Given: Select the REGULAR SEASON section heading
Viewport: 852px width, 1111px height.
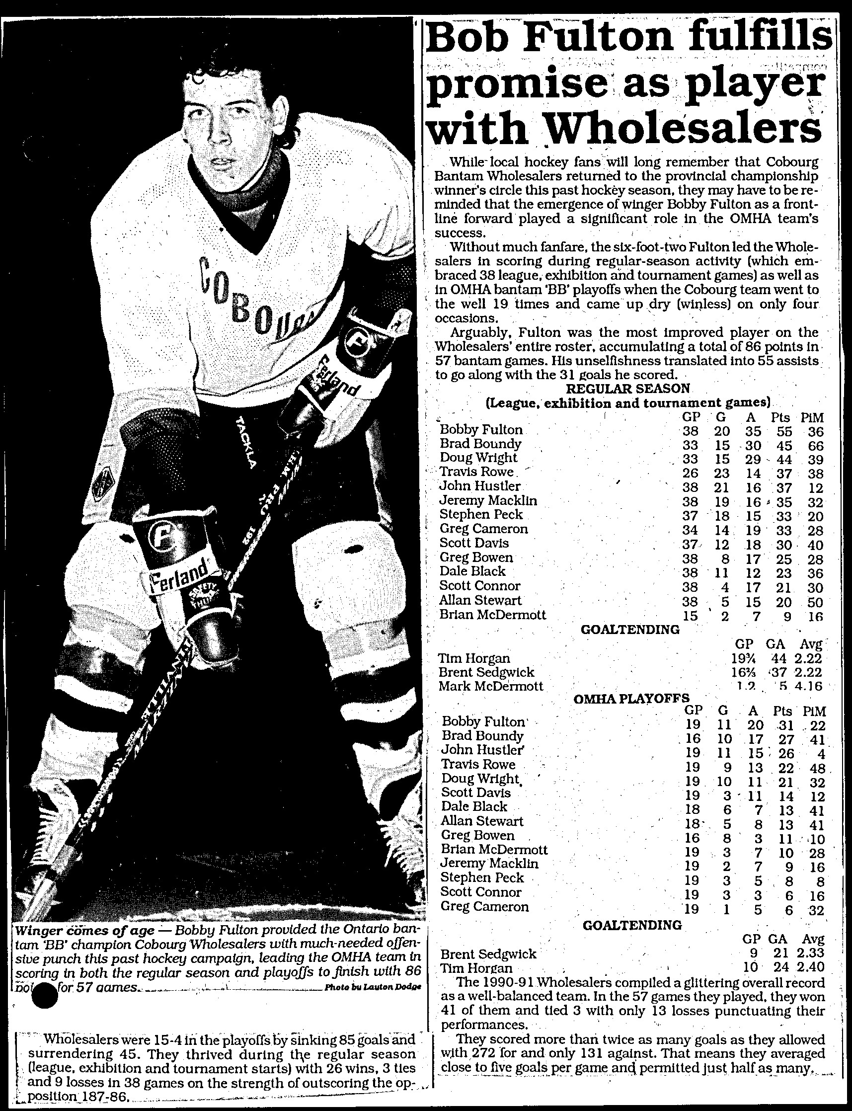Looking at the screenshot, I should click(x=627, y=389).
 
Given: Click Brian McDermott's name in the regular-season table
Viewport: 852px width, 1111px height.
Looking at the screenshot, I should click(x=492, y=615).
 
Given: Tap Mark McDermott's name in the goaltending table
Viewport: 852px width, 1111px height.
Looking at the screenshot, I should click(x=490, y=687).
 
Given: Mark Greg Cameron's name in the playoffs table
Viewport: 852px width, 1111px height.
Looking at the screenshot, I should click(x=484, y=906).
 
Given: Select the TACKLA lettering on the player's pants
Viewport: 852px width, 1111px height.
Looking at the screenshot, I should click(x=246, y=441).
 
